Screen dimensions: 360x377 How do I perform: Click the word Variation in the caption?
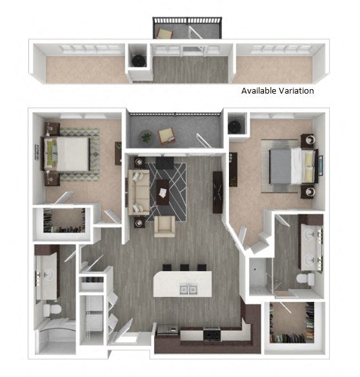(296, 90)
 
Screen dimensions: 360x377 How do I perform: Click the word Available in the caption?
(259, 90)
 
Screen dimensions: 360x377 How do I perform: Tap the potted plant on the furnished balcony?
(146, 138)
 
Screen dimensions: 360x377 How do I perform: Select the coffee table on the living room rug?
(163, 192)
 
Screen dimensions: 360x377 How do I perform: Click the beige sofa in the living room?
(139, 192)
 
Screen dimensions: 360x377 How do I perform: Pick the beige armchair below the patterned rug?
(165, 227)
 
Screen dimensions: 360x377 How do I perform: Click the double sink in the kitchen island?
(188, 289)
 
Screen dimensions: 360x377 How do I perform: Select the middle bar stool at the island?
(185, 268)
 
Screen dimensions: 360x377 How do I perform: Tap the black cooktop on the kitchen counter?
(212, 334)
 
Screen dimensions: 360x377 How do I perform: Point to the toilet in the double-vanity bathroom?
(305, 279)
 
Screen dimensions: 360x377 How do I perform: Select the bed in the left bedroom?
(66, 154)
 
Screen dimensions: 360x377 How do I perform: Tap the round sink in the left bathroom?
(48, 274)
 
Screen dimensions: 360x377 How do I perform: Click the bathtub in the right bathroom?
(261, 276)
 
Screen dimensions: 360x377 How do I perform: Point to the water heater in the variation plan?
(139, 61)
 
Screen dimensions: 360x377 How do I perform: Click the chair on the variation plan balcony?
(165, 33)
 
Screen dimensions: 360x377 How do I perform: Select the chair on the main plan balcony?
(167, 136)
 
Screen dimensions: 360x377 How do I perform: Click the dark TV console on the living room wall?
(217, 192)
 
